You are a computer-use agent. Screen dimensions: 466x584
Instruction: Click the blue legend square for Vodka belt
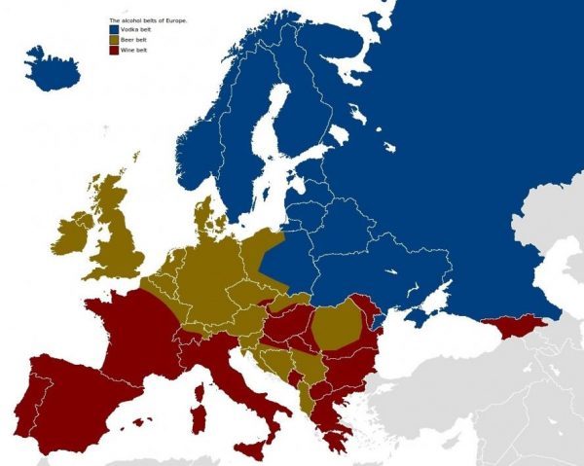click(x=113, y=29)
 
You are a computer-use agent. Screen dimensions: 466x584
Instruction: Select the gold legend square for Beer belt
click(x=113, y=39)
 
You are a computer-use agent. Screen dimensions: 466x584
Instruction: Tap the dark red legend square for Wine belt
click(x=113, y=50)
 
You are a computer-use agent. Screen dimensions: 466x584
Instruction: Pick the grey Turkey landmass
click(x=457, y=409)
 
